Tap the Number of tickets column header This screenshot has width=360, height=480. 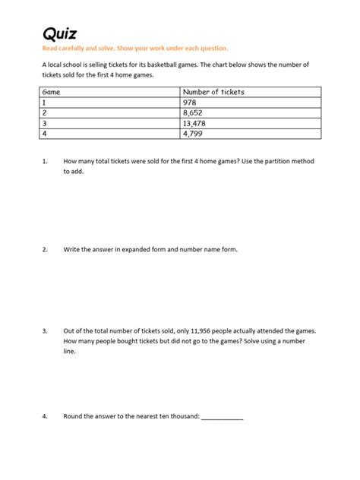(213, 92)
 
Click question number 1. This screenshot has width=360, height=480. (46, 162)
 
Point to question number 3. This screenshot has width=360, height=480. (46, 332)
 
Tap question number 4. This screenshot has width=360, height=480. (46, 416)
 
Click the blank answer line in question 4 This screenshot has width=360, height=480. (223, 418)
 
